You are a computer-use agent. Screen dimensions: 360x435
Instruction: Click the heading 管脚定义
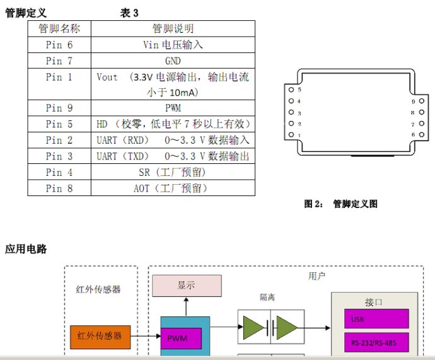pos(26,13)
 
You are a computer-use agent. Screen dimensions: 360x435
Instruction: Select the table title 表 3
pos(129,13)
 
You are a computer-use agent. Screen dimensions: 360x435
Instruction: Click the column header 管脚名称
pos(59,29)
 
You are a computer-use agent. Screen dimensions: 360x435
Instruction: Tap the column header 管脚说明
pos(173,29)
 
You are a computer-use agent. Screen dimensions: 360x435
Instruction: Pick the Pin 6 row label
pos(59,45)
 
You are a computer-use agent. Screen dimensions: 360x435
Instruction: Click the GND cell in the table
pos(173,61)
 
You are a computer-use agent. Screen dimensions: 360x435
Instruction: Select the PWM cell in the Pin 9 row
pos(173,108)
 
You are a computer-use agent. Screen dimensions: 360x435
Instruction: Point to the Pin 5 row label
pos(59,124)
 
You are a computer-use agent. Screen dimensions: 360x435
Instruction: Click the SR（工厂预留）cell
pos(173,171)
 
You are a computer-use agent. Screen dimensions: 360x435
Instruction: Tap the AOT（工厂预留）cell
pos(173,188)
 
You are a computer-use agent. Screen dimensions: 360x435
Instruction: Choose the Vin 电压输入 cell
pos(173,45)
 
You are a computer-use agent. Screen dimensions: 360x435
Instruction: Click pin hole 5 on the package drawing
pos(291,90)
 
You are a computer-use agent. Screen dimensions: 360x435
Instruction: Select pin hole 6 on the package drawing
pos(421,135)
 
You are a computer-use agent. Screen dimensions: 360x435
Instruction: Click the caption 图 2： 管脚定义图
pos(340,204)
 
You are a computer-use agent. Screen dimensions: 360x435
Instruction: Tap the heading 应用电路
pos(26,249)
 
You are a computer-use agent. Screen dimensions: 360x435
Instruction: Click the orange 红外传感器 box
pos(100,336)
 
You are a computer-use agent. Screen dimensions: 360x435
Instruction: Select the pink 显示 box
pos(186,285)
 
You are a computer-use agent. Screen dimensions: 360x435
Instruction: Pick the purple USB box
pos(375,319)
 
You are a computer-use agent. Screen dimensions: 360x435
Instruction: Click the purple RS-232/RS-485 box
pos(375,344)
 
